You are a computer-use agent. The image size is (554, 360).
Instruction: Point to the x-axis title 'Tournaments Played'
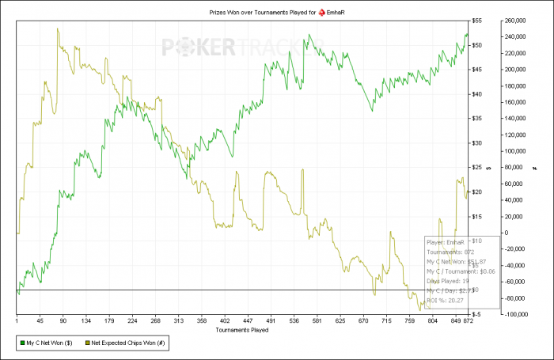243,329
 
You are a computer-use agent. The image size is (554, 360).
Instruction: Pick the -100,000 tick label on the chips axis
518,314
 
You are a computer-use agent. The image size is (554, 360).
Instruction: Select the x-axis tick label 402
225,321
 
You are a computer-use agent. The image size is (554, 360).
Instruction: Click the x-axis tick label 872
468,321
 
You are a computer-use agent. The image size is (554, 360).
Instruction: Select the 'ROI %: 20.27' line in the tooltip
446,300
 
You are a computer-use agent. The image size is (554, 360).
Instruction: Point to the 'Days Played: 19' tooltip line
448,281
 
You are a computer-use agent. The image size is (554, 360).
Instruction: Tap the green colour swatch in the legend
21,344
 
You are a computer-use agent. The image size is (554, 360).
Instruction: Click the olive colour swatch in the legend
86,344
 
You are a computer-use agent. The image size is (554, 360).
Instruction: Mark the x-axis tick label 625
341,321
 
